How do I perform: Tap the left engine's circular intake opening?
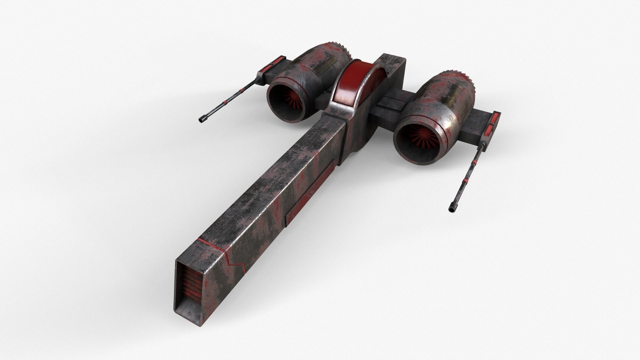[x=287, y=100]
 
